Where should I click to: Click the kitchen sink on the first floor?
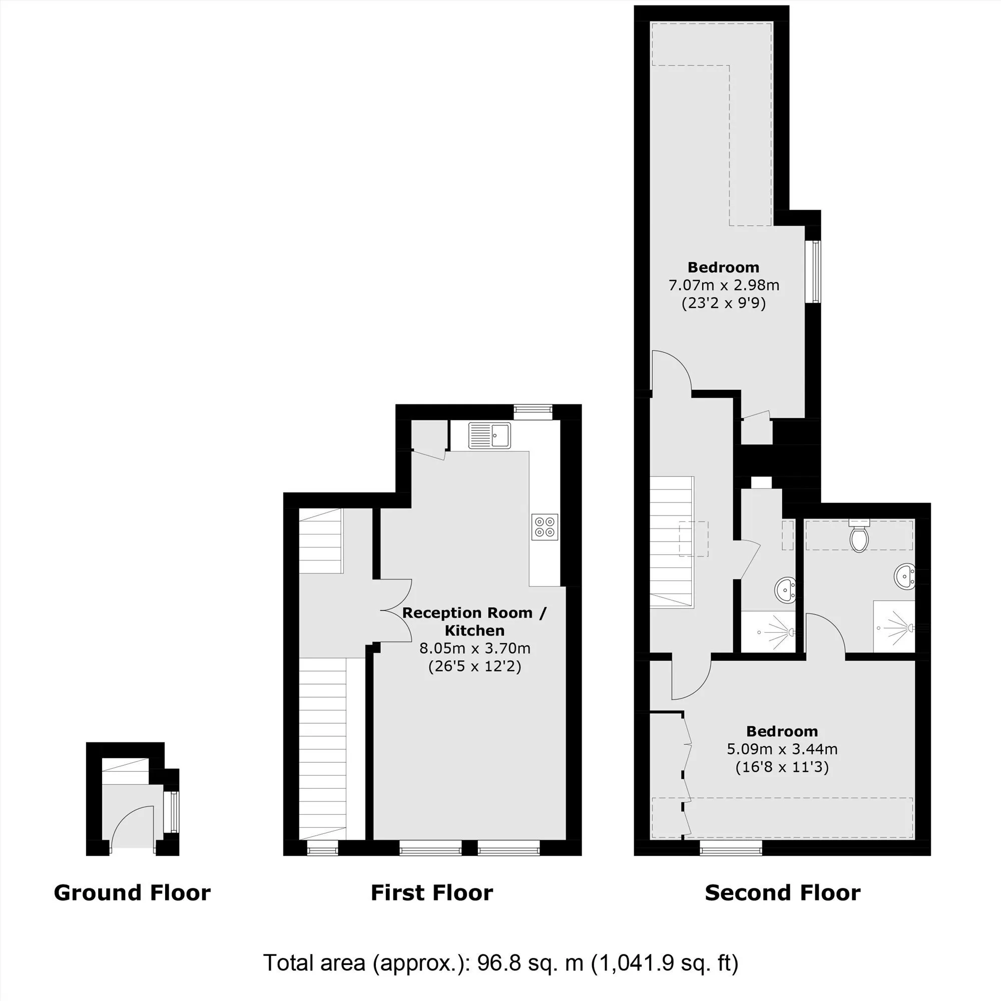pos(489,435)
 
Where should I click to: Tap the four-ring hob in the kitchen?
pos(545,527)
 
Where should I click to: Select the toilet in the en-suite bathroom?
pos(859,536)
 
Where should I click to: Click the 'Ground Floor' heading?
pos(132,893)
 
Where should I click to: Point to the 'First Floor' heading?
pos(432,893)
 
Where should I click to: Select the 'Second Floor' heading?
pos(783,893)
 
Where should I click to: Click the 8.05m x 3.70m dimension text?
pos(475,648)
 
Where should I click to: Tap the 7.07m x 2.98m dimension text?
pos(724,285)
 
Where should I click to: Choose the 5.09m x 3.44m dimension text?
pos(782,749)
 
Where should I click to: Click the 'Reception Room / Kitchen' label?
pos(474,621)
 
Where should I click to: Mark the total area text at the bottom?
pos(500,963)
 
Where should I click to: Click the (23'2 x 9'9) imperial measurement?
pos(724,303)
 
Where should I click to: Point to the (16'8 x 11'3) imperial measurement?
pos(782,767)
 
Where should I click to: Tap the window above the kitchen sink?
pos(533,412)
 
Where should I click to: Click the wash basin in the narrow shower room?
pos(786,590)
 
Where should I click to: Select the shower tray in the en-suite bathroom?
pos(894,627)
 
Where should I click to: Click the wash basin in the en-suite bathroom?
pos(904,576)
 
